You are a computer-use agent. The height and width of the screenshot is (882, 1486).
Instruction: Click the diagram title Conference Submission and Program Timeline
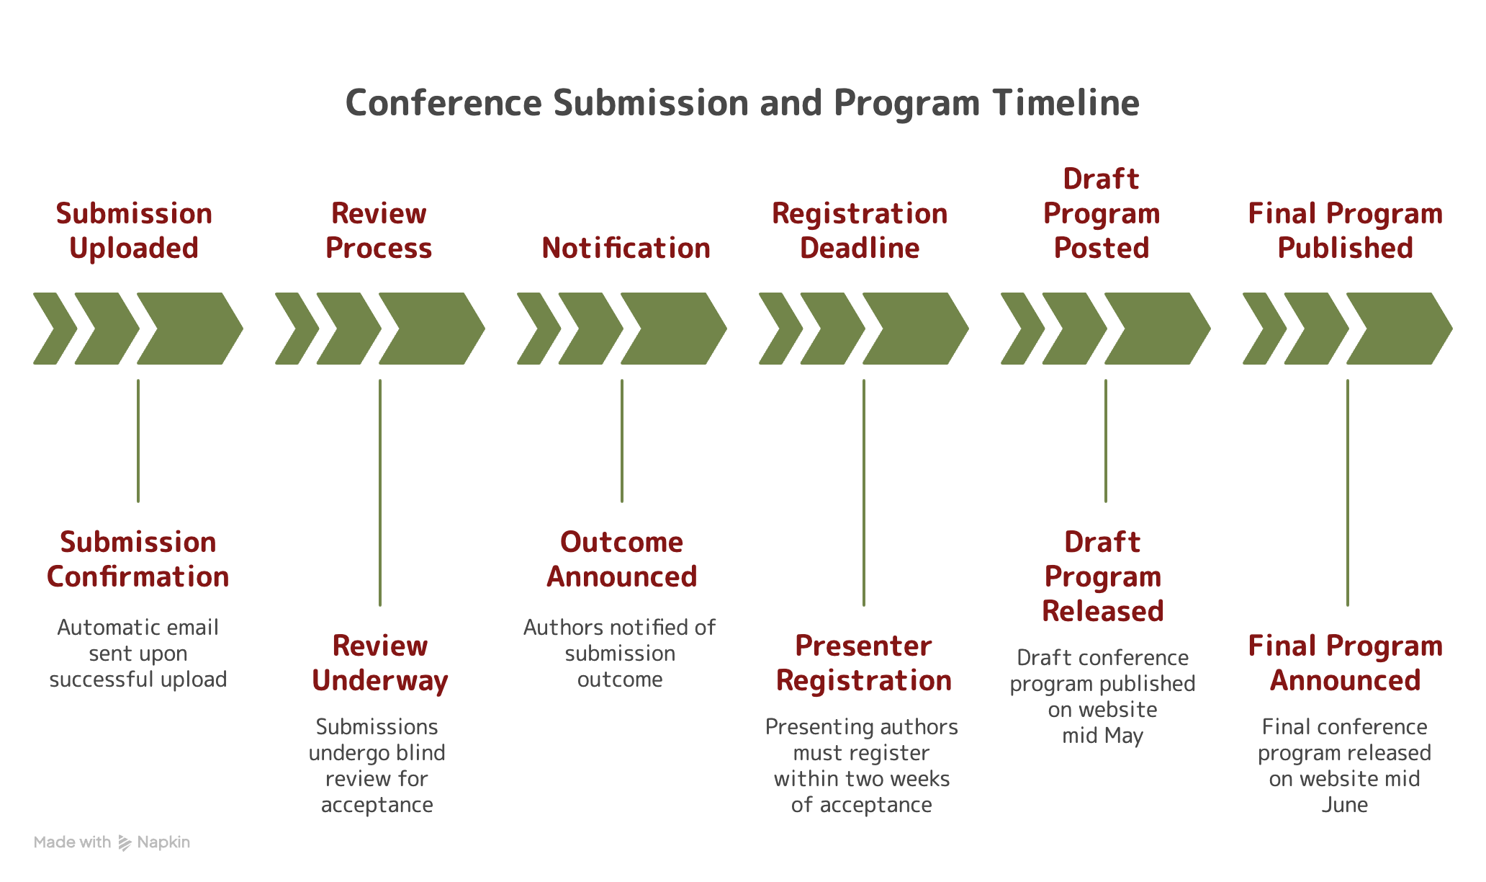pos(742,103)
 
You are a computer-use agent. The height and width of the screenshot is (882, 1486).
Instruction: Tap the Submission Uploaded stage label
pos(134,231)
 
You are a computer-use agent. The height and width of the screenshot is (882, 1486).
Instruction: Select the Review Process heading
pos(379,231)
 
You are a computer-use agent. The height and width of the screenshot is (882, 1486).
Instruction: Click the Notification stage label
pos(626,248)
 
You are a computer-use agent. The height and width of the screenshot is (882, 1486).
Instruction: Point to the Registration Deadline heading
pos(860,231)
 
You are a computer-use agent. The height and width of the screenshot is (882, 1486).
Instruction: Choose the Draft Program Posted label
pos(1102,213)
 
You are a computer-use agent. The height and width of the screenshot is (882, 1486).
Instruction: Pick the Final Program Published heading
pos(1345,231)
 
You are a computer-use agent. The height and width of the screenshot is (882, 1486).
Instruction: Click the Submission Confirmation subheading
pos(138,559)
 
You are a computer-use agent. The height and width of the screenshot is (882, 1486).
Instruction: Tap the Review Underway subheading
pos(380,663)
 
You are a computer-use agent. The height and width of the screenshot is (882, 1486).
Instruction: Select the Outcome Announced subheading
pos(621,559)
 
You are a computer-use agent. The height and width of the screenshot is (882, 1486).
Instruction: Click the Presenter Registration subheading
pos(864,663)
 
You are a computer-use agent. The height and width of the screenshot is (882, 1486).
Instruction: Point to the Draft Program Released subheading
pos(1103,576)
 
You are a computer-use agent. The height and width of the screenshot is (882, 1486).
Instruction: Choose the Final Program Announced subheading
pos(1345,663)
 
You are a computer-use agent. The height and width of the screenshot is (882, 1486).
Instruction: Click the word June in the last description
pos(1344,805)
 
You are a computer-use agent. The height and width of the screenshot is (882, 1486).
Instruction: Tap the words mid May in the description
pos(1102,736)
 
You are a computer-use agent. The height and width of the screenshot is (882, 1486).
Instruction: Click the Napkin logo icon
pos(125,842)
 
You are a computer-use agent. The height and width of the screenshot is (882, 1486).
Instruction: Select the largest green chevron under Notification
pos(673,329)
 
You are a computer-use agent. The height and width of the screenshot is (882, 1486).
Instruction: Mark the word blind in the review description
pos(420,753)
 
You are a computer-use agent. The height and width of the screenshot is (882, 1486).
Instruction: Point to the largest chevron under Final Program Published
pos(1399,329)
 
